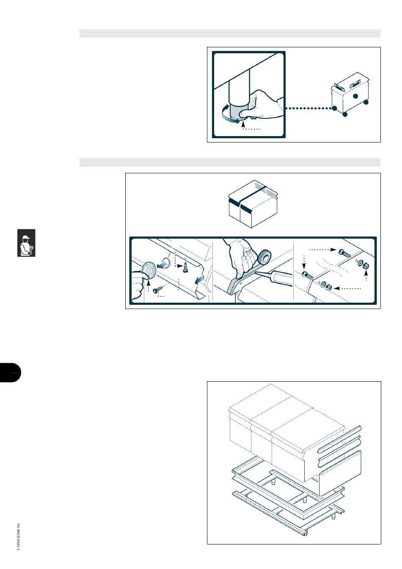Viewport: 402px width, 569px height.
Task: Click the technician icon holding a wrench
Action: click(26, 243)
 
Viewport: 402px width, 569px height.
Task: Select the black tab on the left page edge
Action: click(10, 373)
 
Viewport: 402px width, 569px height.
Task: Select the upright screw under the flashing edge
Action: click(185, 268)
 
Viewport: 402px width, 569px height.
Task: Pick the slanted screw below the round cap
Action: click(157, 290)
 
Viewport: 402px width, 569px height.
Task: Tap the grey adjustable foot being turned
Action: click(238, 111)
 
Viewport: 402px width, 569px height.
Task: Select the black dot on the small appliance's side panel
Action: click(355, 96)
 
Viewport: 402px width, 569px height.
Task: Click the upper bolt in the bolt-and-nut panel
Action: click(345, 253)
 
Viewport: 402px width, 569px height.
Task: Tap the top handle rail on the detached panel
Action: click(339, 439)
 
